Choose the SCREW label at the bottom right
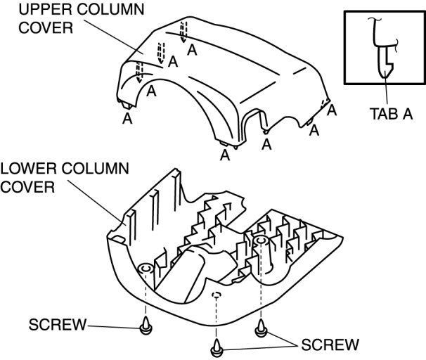point(330,345)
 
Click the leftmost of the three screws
point(146,325)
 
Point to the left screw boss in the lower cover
point(146,269)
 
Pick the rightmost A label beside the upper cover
point(332,110)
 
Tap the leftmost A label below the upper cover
point(127,120)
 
